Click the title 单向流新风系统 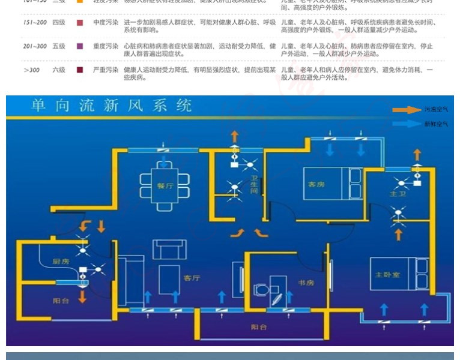[112, 106]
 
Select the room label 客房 [316, 184]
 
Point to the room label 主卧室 [387, 274]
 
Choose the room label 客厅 [192, 278]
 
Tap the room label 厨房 [62, 262]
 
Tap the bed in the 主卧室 [394, 274]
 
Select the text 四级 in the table [58, 22]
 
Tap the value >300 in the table [31, 70]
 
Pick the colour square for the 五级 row [80, 46]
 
